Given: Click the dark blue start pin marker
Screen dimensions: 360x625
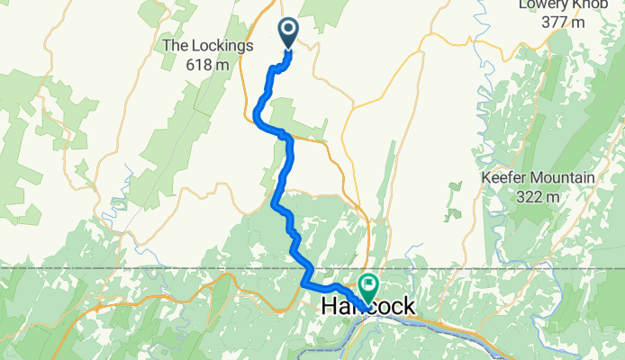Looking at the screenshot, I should (x=288, y=33).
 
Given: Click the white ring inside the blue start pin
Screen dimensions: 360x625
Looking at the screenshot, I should (x=288, y=30).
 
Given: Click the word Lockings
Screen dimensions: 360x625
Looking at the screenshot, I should (x=222, y=45).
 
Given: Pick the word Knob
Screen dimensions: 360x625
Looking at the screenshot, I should (x=600, y=4).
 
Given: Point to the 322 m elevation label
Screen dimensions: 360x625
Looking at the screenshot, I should (x=539, y=196).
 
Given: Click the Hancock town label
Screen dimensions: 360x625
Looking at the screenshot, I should (x=368, y=307).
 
